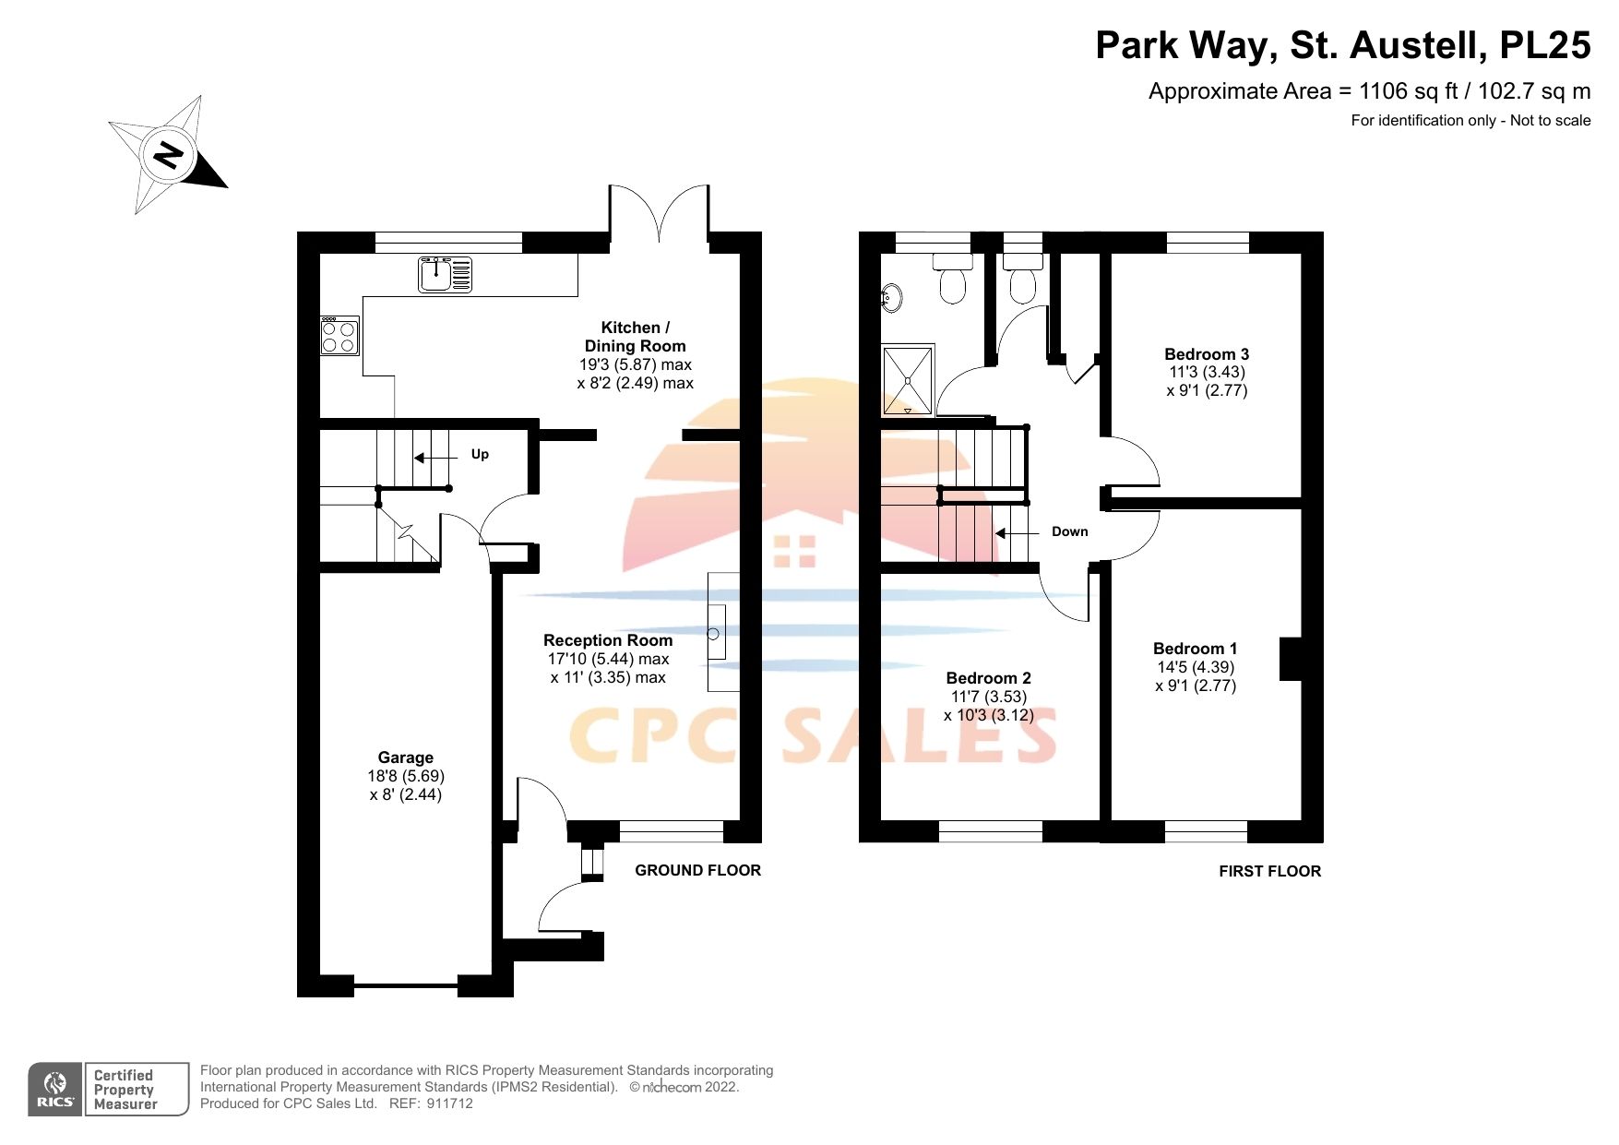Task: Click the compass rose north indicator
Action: point(168,155)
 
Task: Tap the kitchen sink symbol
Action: point(445,274)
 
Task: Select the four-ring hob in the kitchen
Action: point(339,336)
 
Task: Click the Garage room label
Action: point(405,757)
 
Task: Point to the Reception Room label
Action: point(608,640)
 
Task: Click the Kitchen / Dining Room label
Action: point(635,337)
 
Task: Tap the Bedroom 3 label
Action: point(1206,354)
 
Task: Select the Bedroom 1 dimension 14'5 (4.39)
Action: point(1195,667)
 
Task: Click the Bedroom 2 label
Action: point(988,678)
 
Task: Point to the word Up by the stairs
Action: point(480,454)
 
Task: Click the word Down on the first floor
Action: point(1069,531)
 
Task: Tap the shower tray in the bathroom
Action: point(908,379)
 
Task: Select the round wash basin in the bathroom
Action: point(891,298)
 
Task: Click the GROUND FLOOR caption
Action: point(697,870)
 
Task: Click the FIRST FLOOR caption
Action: point(1269,871)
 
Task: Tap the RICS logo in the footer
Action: point(55,1090)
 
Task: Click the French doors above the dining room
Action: point(659,214)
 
